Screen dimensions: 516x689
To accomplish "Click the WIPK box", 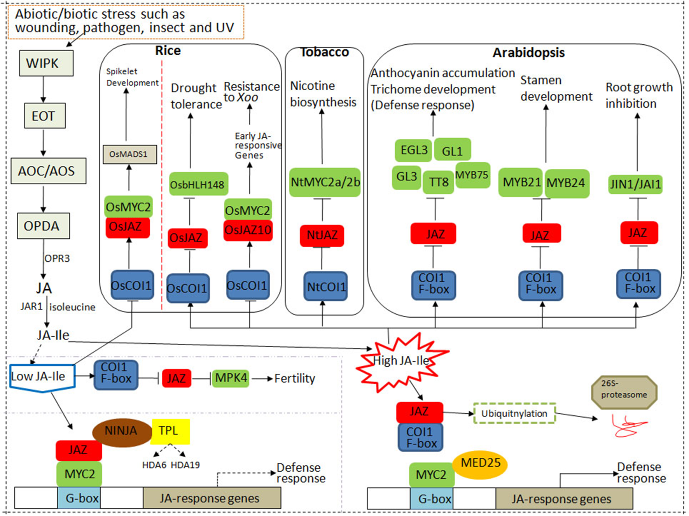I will [46, 63].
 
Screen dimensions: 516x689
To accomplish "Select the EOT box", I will [44, 115].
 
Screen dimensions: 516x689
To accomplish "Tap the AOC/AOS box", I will [48, 171].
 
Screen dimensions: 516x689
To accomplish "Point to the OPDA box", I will [43, 226].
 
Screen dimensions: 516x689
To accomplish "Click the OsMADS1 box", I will [129, 154].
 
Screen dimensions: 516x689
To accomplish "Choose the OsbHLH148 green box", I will [198, 184].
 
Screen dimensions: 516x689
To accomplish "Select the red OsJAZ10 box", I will [248, 230].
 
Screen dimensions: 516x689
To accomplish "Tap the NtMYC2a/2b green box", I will [325, 182].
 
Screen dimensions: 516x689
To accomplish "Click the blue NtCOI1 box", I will [325, 287].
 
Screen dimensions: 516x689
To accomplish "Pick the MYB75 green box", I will [472, 175].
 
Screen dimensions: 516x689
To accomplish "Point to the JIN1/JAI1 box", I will [635, 184].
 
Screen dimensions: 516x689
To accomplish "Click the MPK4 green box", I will [231, 378].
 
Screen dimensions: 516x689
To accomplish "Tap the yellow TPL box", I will [170, 431].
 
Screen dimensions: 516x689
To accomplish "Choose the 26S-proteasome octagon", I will [624, 392].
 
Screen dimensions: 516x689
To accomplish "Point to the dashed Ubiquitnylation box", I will [514, 414].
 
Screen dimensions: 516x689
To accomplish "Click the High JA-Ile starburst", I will [401, 361].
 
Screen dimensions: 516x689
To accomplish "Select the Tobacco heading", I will [325, 52].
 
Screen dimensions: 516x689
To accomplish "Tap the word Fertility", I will [295, 378].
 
